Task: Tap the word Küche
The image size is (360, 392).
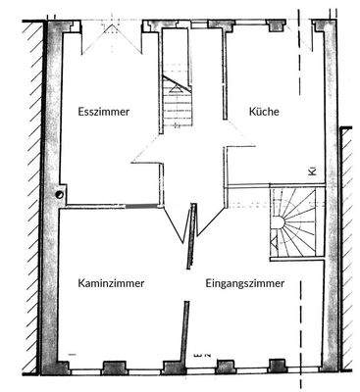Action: tap(263, 113)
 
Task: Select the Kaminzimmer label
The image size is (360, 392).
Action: tap(111, 284)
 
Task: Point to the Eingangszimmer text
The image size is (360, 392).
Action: tap(245, 284)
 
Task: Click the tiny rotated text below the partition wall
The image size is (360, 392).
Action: tap(197, 348)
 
